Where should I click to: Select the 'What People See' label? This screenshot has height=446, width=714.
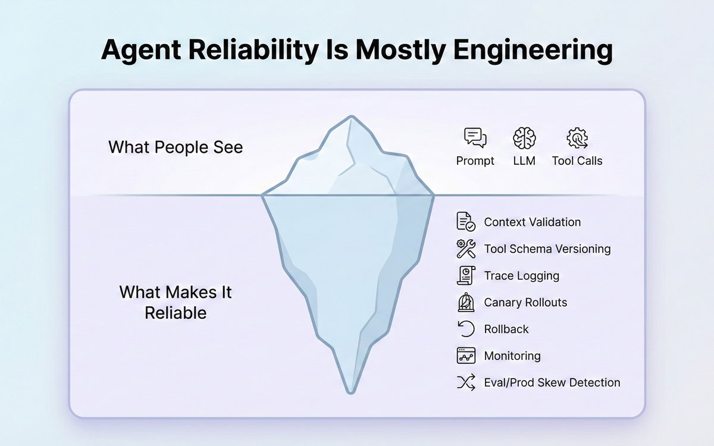(x=176, y=147)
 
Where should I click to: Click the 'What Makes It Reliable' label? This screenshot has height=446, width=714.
(x=176, y=302)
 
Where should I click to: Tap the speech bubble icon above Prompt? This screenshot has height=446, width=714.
(x=475, y=138)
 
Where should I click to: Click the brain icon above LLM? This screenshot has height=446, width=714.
(x=524, y=138)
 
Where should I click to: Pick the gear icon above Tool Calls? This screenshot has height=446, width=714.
(x=577, y=138)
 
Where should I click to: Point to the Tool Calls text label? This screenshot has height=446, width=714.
(x=577, y=161)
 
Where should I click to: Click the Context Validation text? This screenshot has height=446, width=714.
(x=532, y=222)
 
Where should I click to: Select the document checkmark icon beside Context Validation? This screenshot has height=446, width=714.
(x=466, y=221)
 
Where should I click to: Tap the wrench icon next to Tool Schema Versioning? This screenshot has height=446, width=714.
(x=466, y=249)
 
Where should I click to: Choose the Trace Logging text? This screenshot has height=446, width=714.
(x=521, y=275)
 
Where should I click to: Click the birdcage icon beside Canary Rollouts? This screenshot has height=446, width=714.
(x=466, y=302)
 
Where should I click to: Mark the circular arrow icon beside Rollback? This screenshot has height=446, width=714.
(x=466, y=329)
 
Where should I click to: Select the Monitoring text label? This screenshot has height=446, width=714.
(x=512, y=356)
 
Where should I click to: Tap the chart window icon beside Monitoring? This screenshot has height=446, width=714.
(x=466, y=356)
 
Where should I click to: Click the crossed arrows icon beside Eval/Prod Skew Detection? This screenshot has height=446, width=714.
(x=466, y=382)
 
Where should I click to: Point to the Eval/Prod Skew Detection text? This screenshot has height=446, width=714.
(x=552, y=382)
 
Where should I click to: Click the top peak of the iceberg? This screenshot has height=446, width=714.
(x=351, y=117)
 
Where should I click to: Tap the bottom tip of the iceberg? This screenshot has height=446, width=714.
(x=351, y=391)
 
